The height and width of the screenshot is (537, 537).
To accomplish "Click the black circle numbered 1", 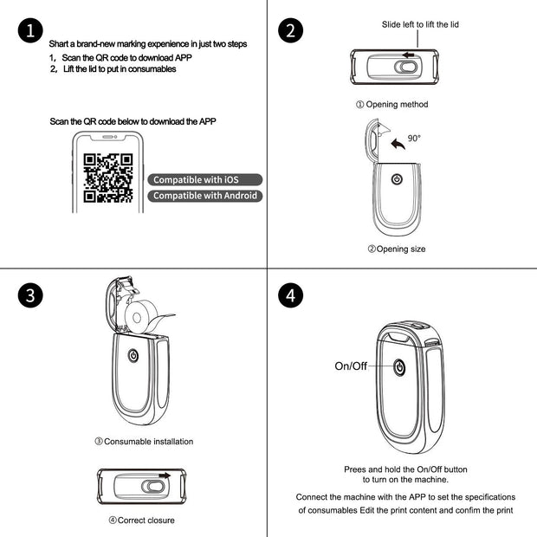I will point(30,31).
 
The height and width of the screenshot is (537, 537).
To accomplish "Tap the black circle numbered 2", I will point(292,31).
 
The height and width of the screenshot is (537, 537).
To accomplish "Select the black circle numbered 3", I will point(30,294).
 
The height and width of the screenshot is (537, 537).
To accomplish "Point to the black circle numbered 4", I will point(292,294).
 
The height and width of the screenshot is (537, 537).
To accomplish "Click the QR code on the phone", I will point(108,177).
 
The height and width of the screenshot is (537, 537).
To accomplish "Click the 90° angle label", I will point(414,138).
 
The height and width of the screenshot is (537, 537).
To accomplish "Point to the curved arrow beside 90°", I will point(397,143).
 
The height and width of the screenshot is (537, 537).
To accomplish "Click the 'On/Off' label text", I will point(351,366).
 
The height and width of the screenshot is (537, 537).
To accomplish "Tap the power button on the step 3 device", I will point(133,355).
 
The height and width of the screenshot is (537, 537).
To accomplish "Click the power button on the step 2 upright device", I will point(397,179).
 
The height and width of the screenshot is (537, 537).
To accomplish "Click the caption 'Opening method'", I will point(391,105).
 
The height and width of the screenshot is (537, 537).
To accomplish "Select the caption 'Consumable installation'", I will point(143,442).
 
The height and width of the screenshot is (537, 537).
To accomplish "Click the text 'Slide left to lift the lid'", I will point(420,25).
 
